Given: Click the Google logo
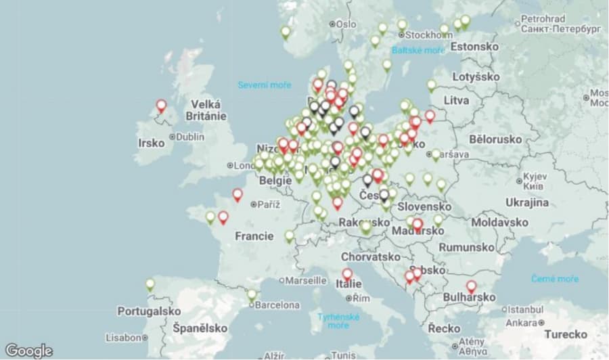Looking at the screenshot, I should coord(28,351).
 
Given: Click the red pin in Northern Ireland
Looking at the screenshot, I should coord(161,106).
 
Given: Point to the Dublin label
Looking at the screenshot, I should coord(189,137).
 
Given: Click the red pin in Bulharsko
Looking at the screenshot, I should coord(471,286).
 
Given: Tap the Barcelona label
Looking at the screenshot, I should coord(277,305).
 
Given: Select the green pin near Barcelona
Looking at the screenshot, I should coord(252,294).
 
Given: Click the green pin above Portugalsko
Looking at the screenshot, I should coord(150,284).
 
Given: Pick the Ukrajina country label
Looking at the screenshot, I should coord(527,203).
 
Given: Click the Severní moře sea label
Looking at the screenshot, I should coord(265,85).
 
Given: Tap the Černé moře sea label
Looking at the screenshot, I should coord(555,278).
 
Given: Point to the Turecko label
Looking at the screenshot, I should coord(566,334).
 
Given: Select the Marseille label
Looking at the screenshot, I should coord(306,280).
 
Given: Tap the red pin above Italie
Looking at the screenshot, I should coord(347,273).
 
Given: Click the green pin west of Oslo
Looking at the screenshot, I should coord(286,31).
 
